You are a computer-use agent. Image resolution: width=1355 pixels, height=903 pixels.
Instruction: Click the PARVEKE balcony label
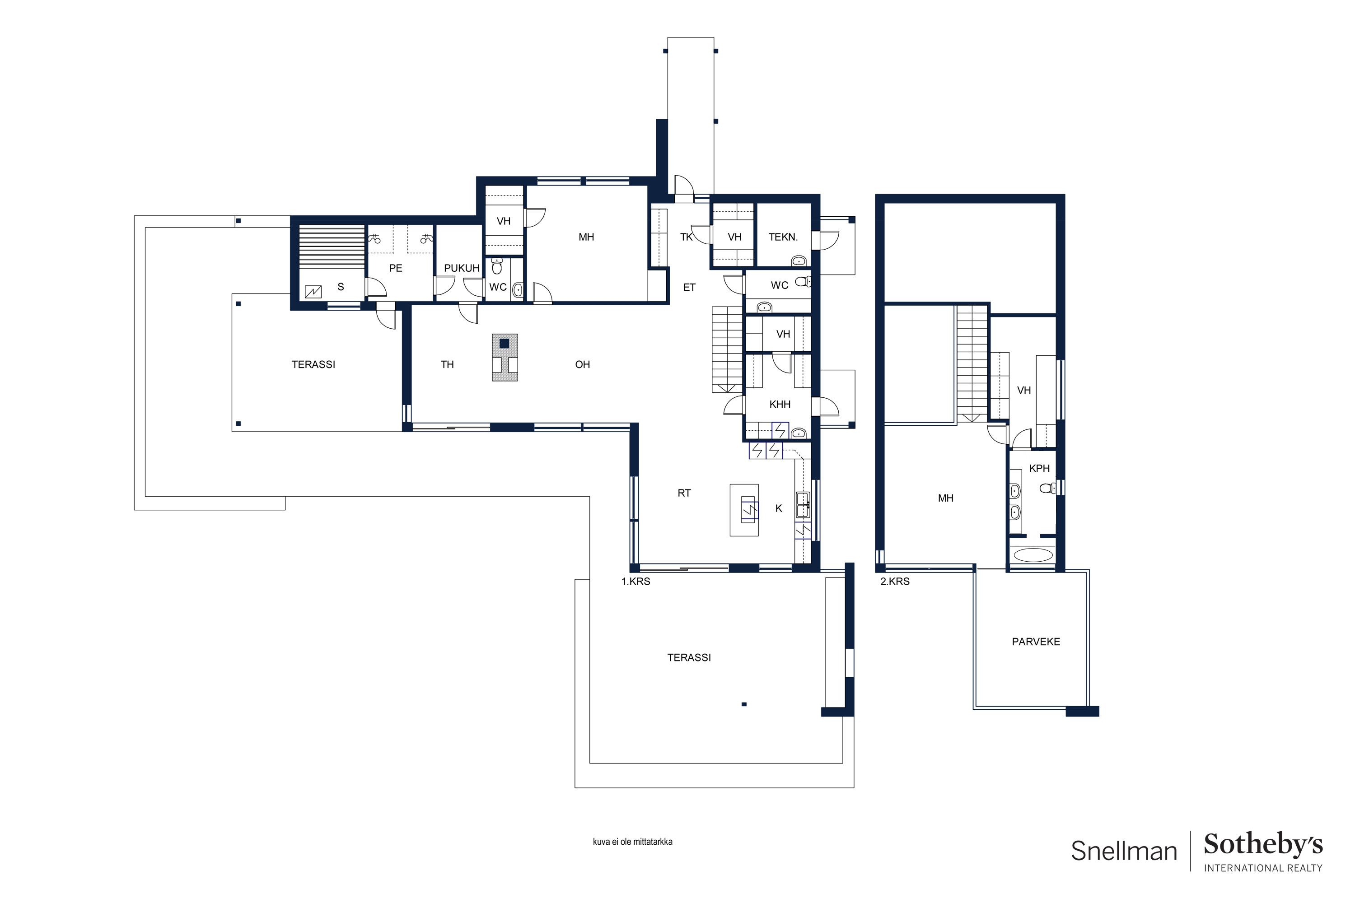[x=1035, y=642]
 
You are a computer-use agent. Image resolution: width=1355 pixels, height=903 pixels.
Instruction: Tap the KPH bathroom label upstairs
[x=1039, y=468]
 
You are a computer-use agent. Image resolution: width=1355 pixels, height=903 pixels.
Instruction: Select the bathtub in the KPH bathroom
[x=1033, y=555]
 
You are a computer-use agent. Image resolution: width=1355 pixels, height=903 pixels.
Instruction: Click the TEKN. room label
[x=783, y=237]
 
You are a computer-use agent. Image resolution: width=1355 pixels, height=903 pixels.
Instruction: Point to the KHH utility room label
[x=780, y=404]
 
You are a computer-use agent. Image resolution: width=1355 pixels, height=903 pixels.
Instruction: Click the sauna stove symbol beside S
[x=313, y=292]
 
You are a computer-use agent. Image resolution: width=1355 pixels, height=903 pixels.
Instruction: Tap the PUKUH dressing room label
[x=462, y=268]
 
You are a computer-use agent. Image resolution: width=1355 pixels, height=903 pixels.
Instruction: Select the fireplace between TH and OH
[x=505, y=358]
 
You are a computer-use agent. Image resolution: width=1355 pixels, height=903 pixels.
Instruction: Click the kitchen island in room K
[x=744, y=510]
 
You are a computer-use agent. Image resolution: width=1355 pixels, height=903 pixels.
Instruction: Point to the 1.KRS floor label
[x=635, y=582]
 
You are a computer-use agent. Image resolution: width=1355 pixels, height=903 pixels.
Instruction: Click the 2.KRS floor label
[x=895, y=582]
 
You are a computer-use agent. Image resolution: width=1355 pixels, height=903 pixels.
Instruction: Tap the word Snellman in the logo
[x=1123, y=851]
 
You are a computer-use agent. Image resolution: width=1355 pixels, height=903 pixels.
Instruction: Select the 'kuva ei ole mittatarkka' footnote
[x=633, y=842]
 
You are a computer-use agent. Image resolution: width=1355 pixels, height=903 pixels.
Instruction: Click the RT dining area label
[x=684, y=493]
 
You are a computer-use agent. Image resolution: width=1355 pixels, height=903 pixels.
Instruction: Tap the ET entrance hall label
[x=689, y=287]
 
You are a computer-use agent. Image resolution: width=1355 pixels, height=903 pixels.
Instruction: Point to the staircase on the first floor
[x=727, y=349]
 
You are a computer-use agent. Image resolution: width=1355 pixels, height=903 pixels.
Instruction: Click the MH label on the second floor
[x=945, y=498]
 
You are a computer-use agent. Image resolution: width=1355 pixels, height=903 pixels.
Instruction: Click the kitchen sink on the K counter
[x=803, y=504]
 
